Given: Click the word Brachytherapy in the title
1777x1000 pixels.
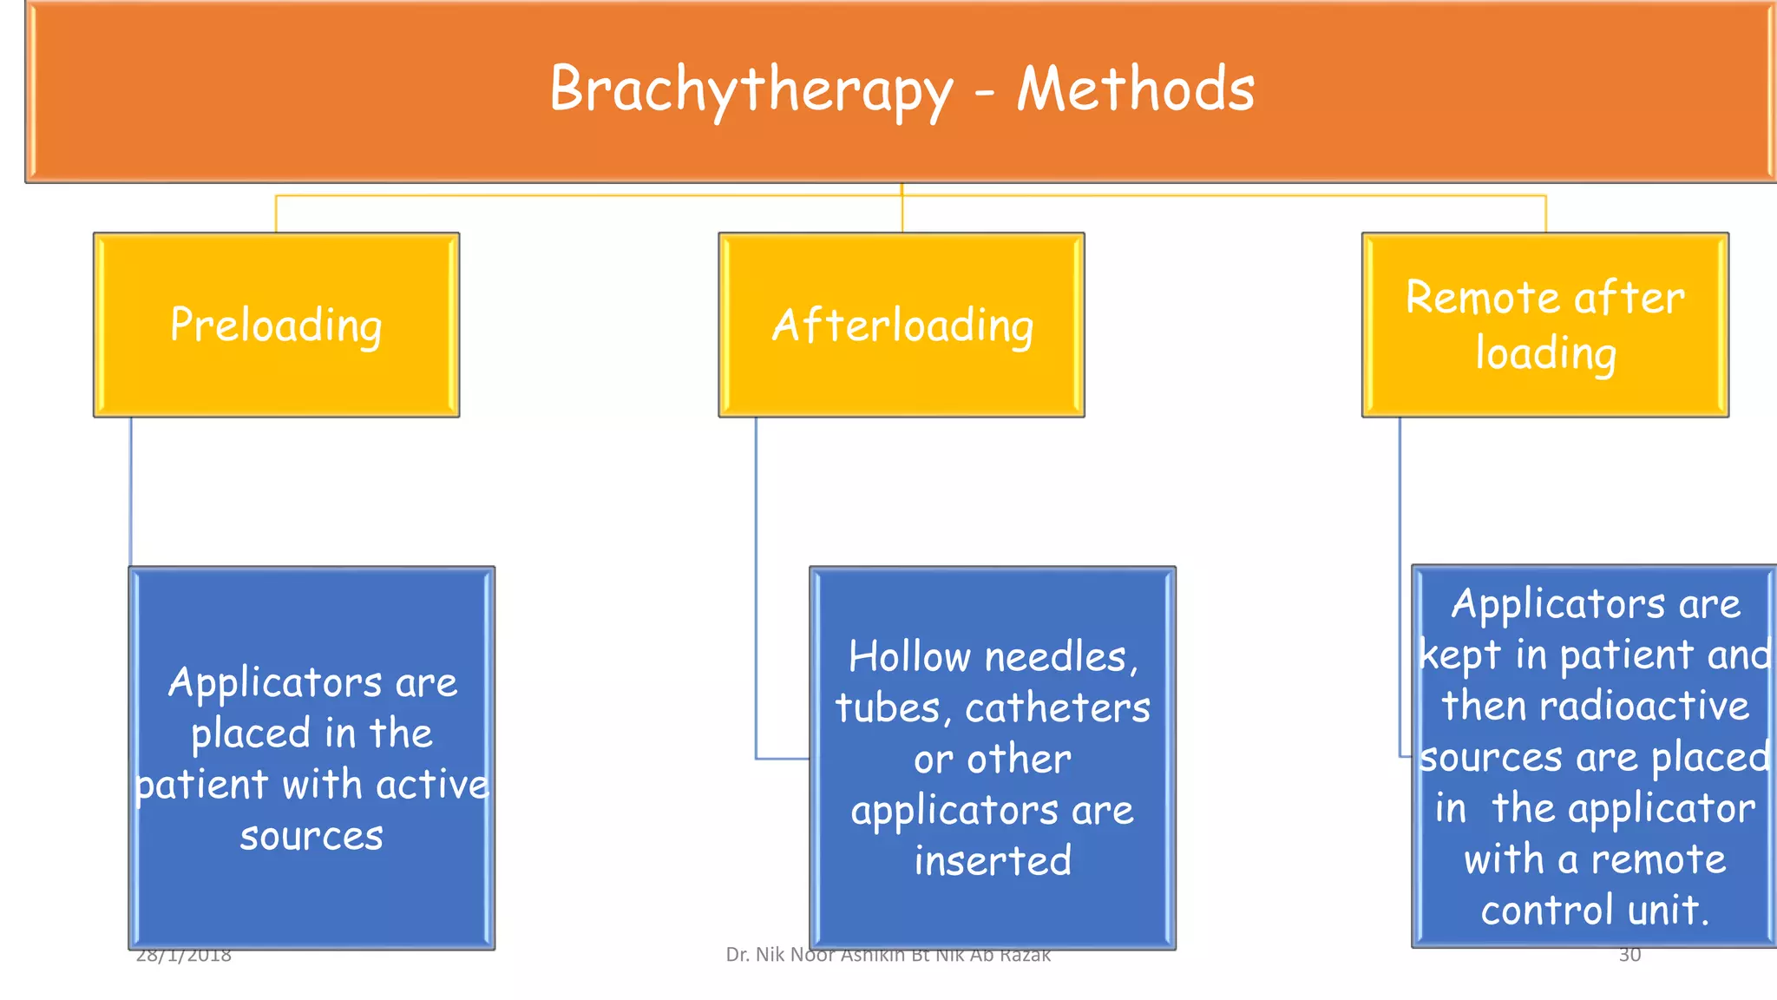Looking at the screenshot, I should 751,90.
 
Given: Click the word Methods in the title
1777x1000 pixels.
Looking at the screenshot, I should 1136,90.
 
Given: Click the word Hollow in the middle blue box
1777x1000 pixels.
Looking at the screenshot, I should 909,657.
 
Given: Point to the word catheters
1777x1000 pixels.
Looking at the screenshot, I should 1058,708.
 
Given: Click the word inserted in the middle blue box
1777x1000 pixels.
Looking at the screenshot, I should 993,861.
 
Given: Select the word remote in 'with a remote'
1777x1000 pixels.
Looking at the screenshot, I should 1658,859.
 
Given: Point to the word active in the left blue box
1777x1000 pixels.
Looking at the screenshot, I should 433,785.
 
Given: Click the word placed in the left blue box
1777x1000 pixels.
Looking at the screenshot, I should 251,734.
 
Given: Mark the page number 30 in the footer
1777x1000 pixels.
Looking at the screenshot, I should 1629,955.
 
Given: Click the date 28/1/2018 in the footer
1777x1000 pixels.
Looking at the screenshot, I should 184,956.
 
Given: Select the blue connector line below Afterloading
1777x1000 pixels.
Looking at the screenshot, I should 756,590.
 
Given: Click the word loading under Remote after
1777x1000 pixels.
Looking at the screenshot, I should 1545,354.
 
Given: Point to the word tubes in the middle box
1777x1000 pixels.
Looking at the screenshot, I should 886,708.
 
